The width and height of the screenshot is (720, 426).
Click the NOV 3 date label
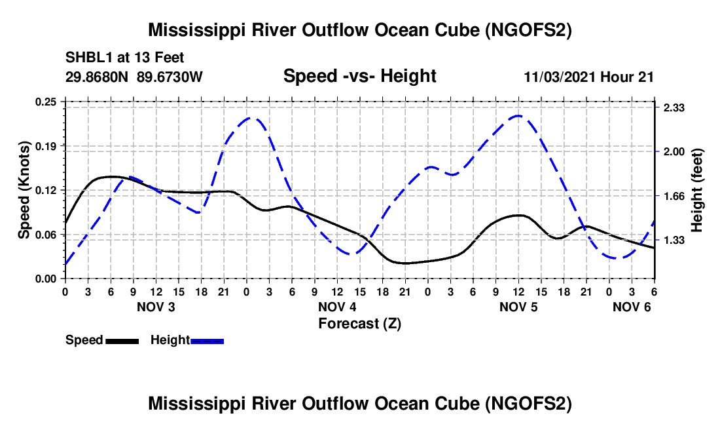tap(156, 307)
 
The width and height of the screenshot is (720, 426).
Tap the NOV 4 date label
tap(337, 307)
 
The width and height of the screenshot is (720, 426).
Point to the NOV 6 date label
tap(632, 307)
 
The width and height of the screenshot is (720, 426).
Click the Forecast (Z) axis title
tap(359, 323)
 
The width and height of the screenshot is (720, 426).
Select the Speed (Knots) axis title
tap(24, 190)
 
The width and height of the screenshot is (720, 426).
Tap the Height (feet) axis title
tap(696, 190)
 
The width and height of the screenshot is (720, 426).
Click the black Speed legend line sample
tap(122, 341)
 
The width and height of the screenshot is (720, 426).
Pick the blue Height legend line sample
tap(207, 341)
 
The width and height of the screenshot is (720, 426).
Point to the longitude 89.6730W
tap(170, 77)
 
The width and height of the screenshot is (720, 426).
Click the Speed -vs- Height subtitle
tap(359, 76)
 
